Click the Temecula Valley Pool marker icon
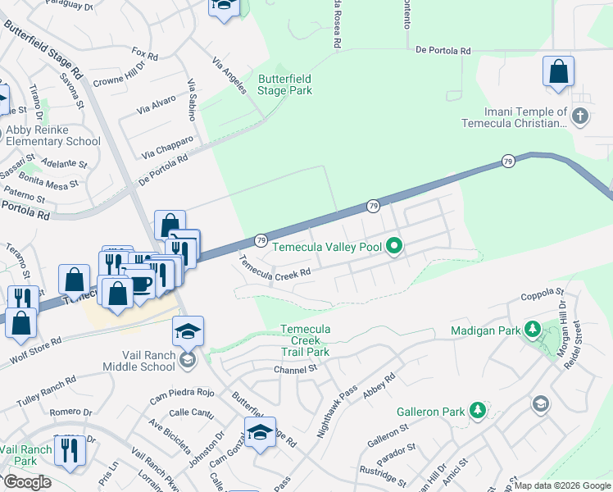click(394, 246)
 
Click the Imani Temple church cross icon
click(580, 116)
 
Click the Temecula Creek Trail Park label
click(305, 340)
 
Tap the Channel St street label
click(295, 370)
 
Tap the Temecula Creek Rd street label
click(275, 266)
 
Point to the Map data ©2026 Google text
click(562, 485)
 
